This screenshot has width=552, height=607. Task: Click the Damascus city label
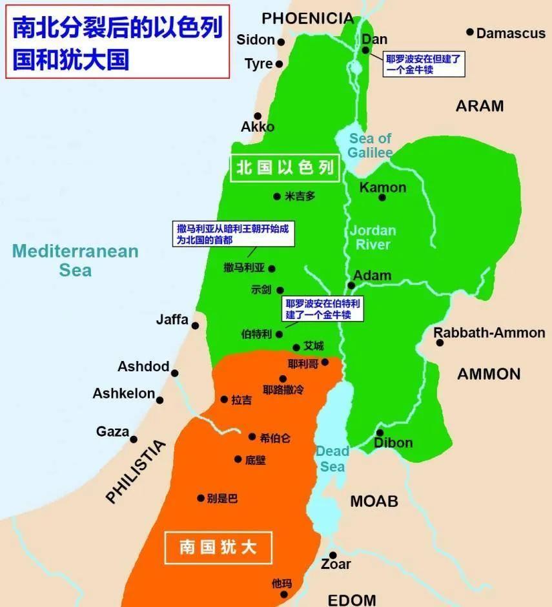click(x=511, y=33)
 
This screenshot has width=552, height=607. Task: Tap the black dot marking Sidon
click(x=281, y=41)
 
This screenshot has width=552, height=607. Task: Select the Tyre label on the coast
click(x=258, y=64)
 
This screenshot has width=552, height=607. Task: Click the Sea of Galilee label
click(x=371, y=145)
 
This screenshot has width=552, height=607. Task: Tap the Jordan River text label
click(x=373, y=237)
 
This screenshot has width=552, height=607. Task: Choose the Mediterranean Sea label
click(x=76, y=260)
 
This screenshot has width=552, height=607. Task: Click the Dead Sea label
click(x=332, y=458)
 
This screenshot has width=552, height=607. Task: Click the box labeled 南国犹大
click(x=218, y=548)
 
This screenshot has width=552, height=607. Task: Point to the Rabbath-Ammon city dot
click(x=440, y=342)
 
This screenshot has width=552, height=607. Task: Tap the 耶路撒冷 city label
click(x=283, y=390)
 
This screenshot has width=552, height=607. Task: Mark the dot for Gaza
click(x=134, y=439)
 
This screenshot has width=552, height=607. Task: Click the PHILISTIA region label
click(x=136, y=471)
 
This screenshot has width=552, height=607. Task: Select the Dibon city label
click(x=393, y=443)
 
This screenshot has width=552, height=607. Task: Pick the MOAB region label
click(x=374, y=500)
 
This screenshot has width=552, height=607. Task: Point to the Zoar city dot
click(x=333, y=555)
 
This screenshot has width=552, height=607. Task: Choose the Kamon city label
click(x=383, y=187)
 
